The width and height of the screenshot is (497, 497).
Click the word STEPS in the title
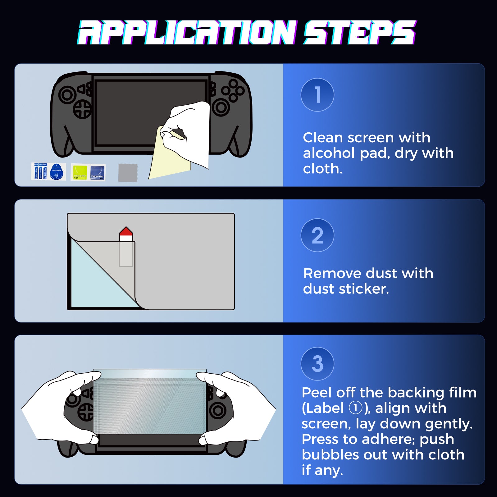[x=360, y=32]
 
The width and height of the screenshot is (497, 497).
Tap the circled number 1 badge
[x=317, y=95]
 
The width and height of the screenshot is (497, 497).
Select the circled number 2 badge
[x=317, y=235]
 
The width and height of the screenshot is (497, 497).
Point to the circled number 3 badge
[x=317, y=363]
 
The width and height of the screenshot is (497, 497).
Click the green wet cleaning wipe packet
[x=80, y=172]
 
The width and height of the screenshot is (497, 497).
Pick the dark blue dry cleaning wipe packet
[x=98, y=172]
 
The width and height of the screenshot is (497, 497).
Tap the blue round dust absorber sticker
[x=56, y=172]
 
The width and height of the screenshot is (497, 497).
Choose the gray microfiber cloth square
[x=128, y=173]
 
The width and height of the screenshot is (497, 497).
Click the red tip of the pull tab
[x=126, y=231]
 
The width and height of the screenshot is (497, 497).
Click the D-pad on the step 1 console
[x=82, y=109]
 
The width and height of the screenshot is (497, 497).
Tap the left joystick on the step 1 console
[x=67, y=95]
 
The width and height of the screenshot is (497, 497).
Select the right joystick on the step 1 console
[x=221, y=107]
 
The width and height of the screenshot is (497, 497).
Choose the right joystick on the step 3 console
[x=218, y=411]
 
